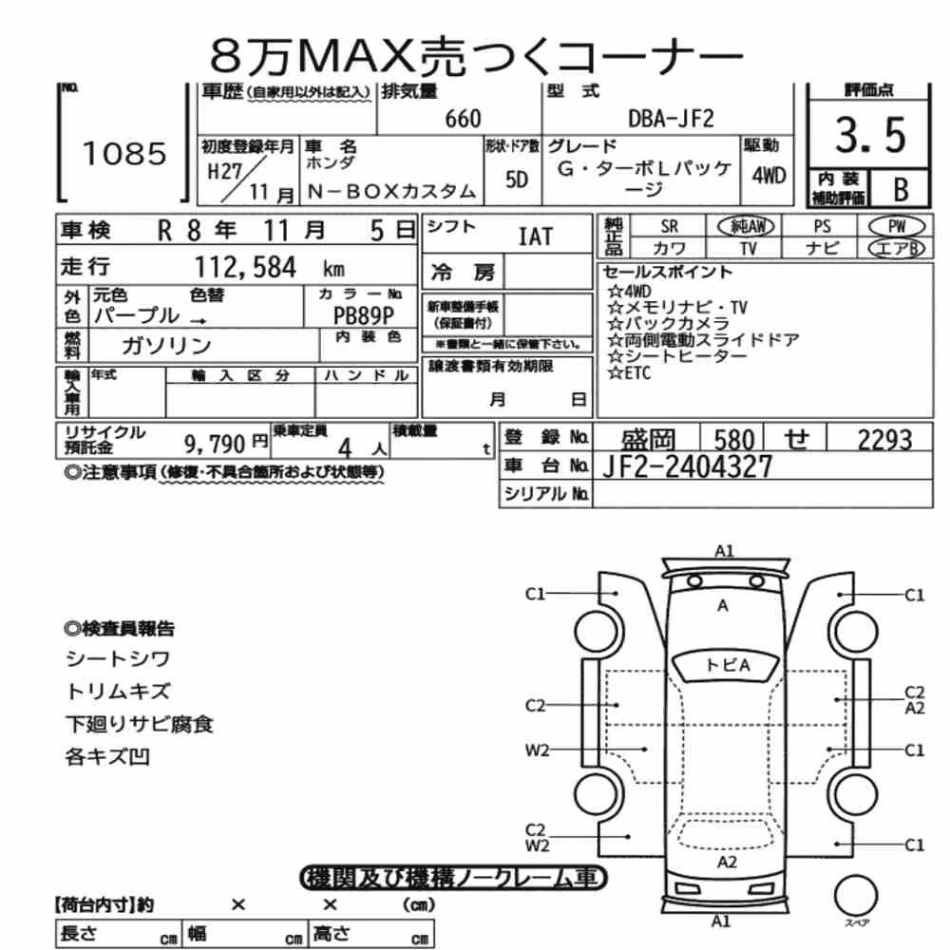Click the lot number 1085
pos(124,153)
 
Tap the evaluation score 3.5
pos(870,135)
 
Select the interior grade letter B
pos(901,190)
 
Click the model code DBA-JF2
pos(671,118)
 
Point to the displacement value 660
pos(463,119)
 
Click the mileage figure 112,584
pos(245,267)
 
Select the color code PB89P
pos(364,315)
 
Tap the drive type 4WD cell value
pos(769,176)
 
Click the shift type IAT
pos(536,237)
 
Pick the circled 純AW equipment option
pos(746,227)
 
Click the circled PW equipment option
pos(898,227)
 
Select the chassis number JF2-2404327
pos(687,466)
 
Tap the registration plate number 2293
pos(884,440)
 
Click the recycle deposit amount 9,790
pos(215,445)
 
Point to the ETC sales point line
pos(630,372)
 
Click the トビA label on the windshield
pos(728,665)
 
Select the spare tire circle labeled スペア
pos(856,894)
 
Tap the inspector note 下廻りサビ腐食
pos(140,724)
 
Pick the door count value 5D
pos(516,180)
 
